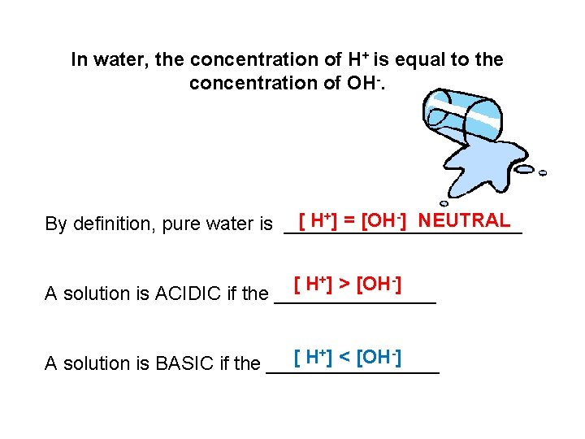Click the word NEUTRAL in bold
[x=466, y=220]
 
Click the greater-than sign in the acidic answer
[x=344, y=285]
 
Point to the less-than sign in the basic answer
[x=344, y=356]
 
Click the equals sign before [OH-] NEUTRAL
[x=349, y=220]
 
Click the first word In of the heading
[x=80, y=60]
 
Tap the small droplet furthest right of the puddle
[x=543, y=172]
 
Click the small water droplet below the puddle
[x=444, y=203]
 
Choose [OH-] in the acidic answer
[x=380, y=285]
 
